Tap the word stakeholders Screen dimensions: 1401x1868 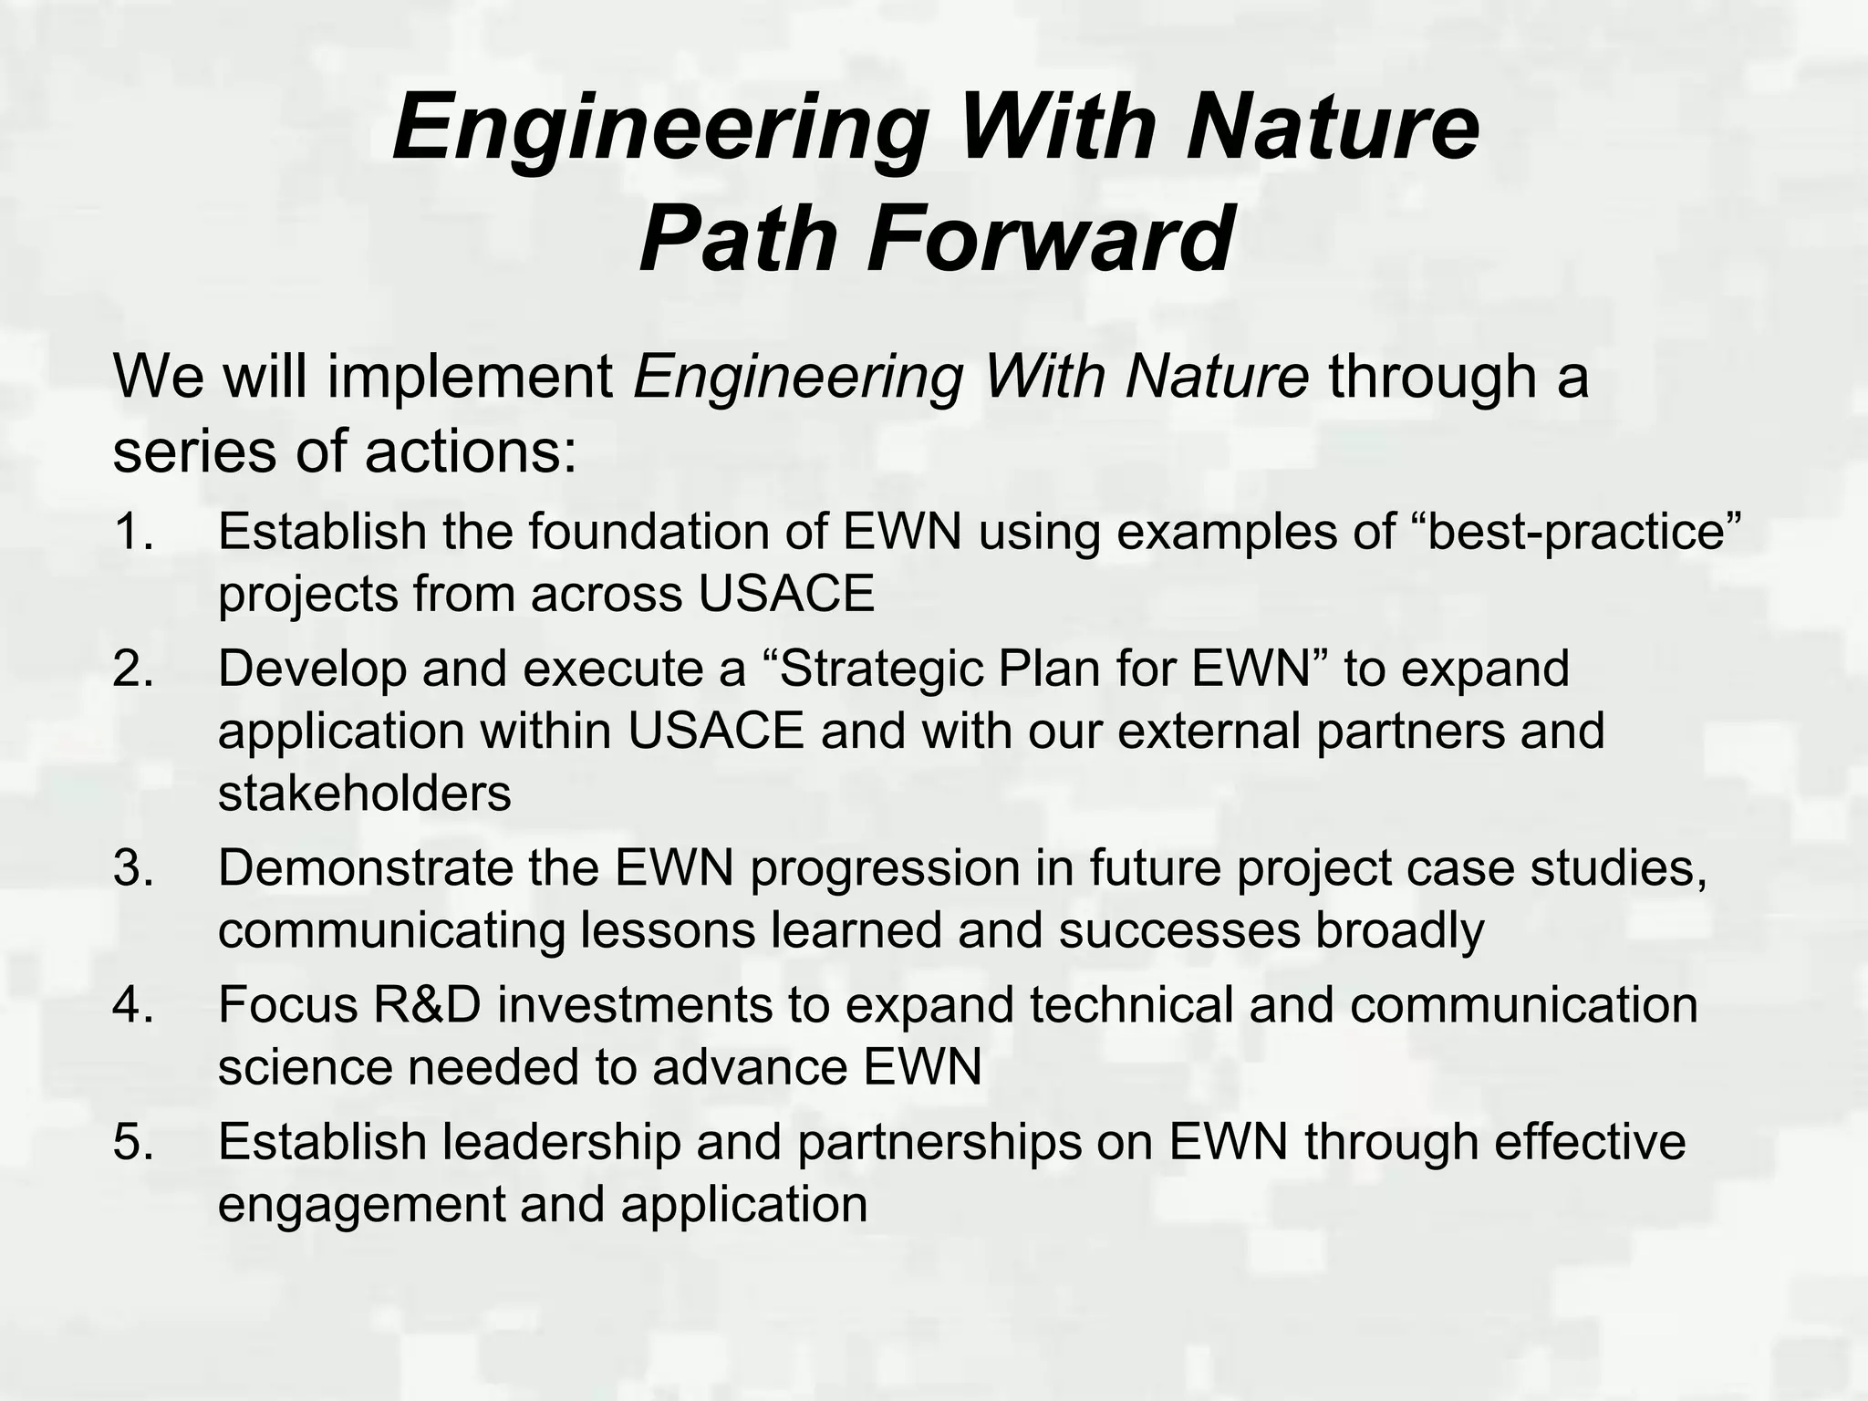(x=364, y=793)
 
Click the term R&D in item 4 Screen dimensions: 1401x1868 (x=425, y=1004)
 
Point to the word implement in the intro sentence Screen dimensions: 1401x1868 (x=470, y=377)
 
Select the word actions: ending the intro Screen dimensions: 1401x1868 (x=471, y=451)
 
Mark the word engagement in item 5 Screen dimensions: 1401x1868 (x=360, y=1205)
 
